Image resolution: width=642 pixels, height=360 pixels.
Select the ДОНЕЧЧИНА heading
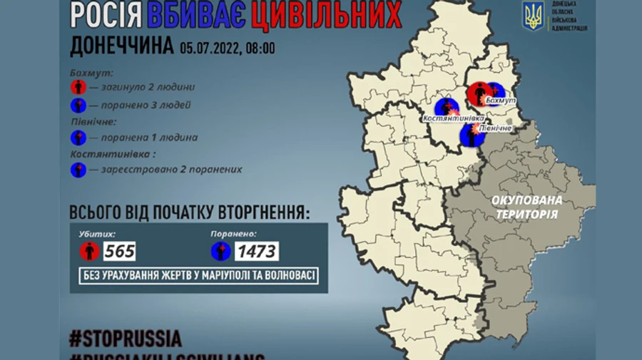(121, 46)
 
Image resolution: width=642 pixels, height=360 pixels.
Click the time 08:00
(260, 48)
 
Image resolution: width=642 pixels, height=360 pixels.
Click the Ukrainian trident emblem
(533, 16)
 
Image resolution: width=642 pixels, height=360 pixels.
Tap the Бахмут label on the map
(499, 103)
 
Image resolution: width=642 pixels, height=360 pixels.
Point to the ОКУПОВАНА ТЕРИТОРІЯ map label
(527, 206)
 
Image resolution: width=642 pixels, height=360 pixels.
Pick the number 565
(119, 251)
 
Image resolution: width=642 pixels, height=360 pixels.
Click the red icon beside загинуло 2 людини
(78, 88)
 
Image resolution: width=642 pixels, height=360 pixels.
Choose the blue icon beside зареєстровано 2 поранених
(78, 170)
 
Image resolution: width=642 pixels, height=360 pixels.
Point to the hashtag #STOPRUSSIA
(126, 337)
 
